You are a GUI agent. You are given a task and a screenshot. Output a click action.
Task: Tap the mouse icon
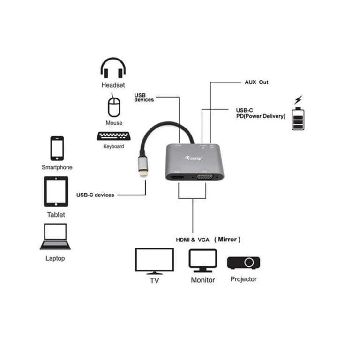114,105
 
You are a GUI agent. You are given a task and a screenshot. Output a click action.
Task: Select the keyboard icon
114,136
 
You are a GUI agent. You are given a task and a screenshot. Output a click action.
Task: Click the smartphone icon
57,148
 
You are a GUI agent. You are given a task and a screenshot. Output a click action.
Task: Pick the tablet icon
56,191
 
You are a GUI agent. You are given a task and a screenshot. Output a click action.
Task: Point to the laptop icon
55,237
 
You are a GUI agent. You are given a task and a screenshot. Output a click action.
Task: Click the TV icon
154,261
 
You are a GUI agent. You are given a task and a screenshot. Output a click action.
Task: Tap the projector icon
244,262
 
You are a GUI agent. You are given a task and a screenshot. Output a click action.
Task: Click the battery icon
298,119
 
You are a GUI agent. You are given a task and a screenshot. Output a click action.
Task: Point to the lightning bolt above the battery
298,100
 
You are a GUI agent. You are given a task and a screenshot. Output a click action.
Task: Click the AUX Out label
256,82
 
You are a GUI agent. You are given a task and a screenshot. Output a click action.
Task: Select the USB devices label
144,97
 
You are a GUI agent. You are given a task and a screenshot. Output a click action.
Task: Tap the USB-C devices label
95,195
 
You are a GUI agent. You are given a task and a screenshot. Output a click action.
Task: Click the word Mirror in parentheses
227,239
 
